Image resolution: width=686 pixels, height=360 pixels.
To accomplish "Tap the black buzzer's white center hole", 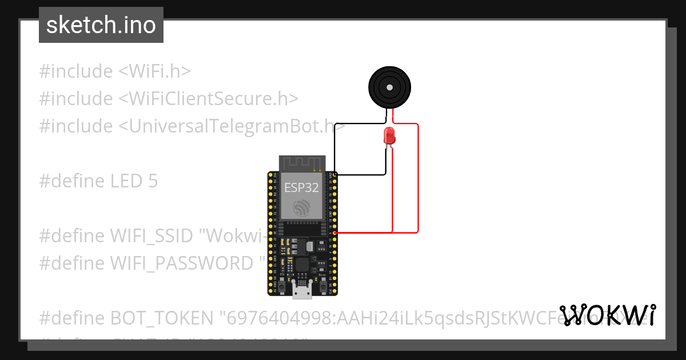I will [x=389, y=87].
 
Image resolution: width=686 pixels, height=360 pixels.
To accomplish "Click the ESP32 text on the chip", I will [x=301, y=187].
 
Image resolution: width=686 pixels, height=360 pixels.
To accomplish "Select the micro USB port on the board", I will [x=302, y=291].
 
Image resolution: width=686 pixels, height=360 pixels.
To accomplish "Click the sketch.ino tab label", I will [x=101, y=25].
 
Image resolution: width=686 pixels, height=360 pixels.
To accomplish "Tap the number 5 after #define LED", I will [x=152, y=181].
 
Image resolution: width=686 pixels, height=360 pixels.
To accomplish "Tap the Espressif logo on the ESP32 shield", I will [x=302, y=208].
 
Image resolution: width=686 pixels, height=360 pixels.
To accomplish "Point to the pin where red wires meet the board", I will [x=334, y=233].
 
